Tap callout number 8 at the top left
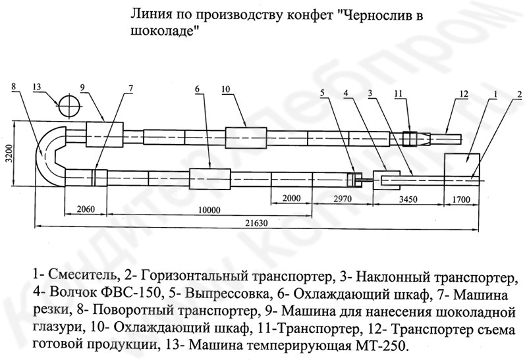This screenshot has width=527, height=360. tap(13, 86)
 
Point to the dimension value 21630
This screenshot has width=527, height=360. tap(256, 222)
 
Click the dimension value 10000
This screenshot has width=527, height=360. tap(209, 210)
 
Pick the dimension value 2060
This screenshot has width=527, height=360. tap(86, 209)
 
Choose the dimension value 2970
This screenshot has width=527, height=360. tap(343, 199)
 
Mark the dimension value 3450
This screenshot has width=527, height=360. tap(408, 199)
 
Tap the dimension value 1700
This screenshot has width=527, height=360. tap(461, 199)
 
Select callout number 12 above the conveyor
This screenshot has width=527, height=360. tap(464, 93)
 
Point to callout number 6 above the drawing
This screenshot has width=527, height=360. tap(197, 89)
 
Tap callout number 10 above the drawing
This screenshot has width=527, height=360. tap(225, 89)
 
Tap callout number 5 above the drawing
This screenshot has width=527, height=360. tap(322, 93)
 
